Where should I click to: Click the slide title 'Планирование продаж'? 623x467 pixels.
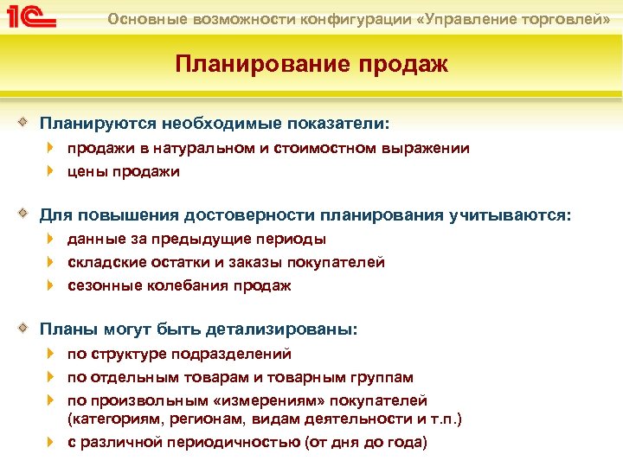point(311,65)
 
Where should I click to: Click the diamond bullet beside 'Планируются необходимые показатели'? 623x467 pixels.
point(29,124)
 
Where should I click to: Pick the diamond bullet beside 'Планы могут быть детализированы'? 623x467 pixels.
point(29,329)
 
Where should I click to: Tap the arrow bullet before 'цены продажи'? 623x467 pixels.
point(52,171)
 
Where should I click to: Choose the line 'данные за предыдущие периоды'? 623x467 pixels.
point(196,239)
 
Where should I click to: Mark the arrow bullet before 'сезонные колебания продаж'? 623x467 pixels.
point(52,285)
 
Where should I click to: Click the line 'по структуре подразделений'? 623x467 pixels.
point(179,354)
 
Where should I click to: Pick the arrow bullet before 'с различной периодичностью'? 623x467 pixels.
point(52,442)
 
